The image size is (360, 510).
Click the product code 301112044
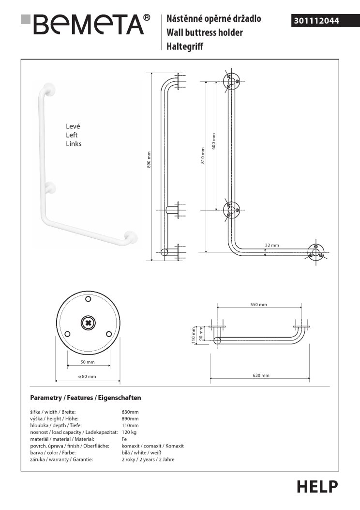click(x=316, y=21)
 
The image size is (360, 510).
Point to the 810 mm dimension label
click(x=203, y=155)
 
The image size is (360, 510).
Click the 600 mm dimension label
click(x=214, y=140)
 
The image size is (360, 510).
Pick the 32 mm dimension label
click(x=272, y=245)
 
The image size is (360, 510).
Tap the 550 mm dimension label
click(x=259, y=305)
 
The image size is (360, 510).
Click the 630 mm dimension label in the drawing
click(x=261, y=375)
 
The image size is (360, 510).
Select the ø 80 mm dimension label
click(x=87, y=377)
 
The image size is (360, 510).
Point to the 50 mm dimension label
click(x=88, y=362)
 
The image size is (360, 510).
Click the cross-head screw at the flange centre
click(x=88, y=323)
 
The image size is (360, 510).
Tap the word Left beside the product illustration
click(x=72, y=135)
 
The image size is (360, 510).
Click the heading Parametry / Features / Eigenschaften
click(x=86, y=398)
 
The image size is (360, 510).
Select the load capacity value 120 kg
click(x=129, y=432)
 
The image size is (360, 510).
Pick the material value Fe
click(x=124, y=439)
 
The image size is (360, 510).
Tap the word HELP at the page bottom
click(x=317, y=486)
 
